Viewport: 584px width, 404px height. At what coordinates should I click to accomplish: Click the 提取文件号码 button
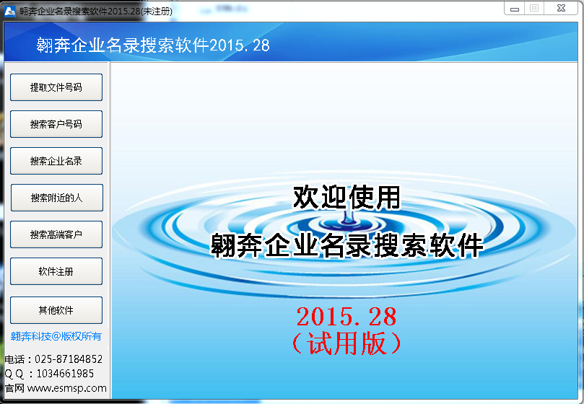pyautogui.click(x=56, y=87)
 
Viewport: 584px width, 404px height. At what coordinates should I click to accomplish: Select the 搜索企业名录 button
pyautogui.click(x=56, y=161)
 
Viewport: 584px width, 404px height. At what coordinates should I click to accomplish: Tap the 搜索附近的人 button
pyautogui.click(x=56, y=198)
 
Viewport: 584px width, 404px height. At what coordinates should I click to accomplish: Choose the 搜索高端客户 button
pyautogui.click(x=56, y=234)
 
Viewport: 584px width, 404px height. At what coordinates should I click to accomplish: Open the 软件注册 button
pyautogui.click(x=56, y=272)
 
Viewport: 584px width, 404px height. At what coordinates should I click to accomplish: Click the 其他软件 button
pyautogui.click(x=56, y=310)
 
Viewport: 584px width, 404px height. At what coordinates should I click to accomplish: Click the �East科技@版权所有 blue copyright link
pyautogui.click(x=56, y=336)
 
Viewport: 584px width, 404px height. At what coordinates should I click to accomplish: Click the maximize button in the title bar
pyautogui.click(x=534, y=8)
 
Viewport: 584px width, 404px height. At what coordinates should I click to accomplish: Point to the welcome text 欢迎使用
pyautogui.click(x=347, y=197)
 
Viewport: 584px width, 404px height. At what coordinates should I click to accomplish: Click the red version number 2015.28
pyautogui.click(x=347, y=316)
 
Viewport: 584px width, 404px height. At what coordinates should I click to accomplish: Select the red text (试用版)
pyautogui.click(x=347, y=343)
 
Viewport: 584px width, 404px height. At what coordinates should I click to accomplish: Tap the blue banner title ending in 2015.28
pyautogui.click(x=153, y=45)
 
